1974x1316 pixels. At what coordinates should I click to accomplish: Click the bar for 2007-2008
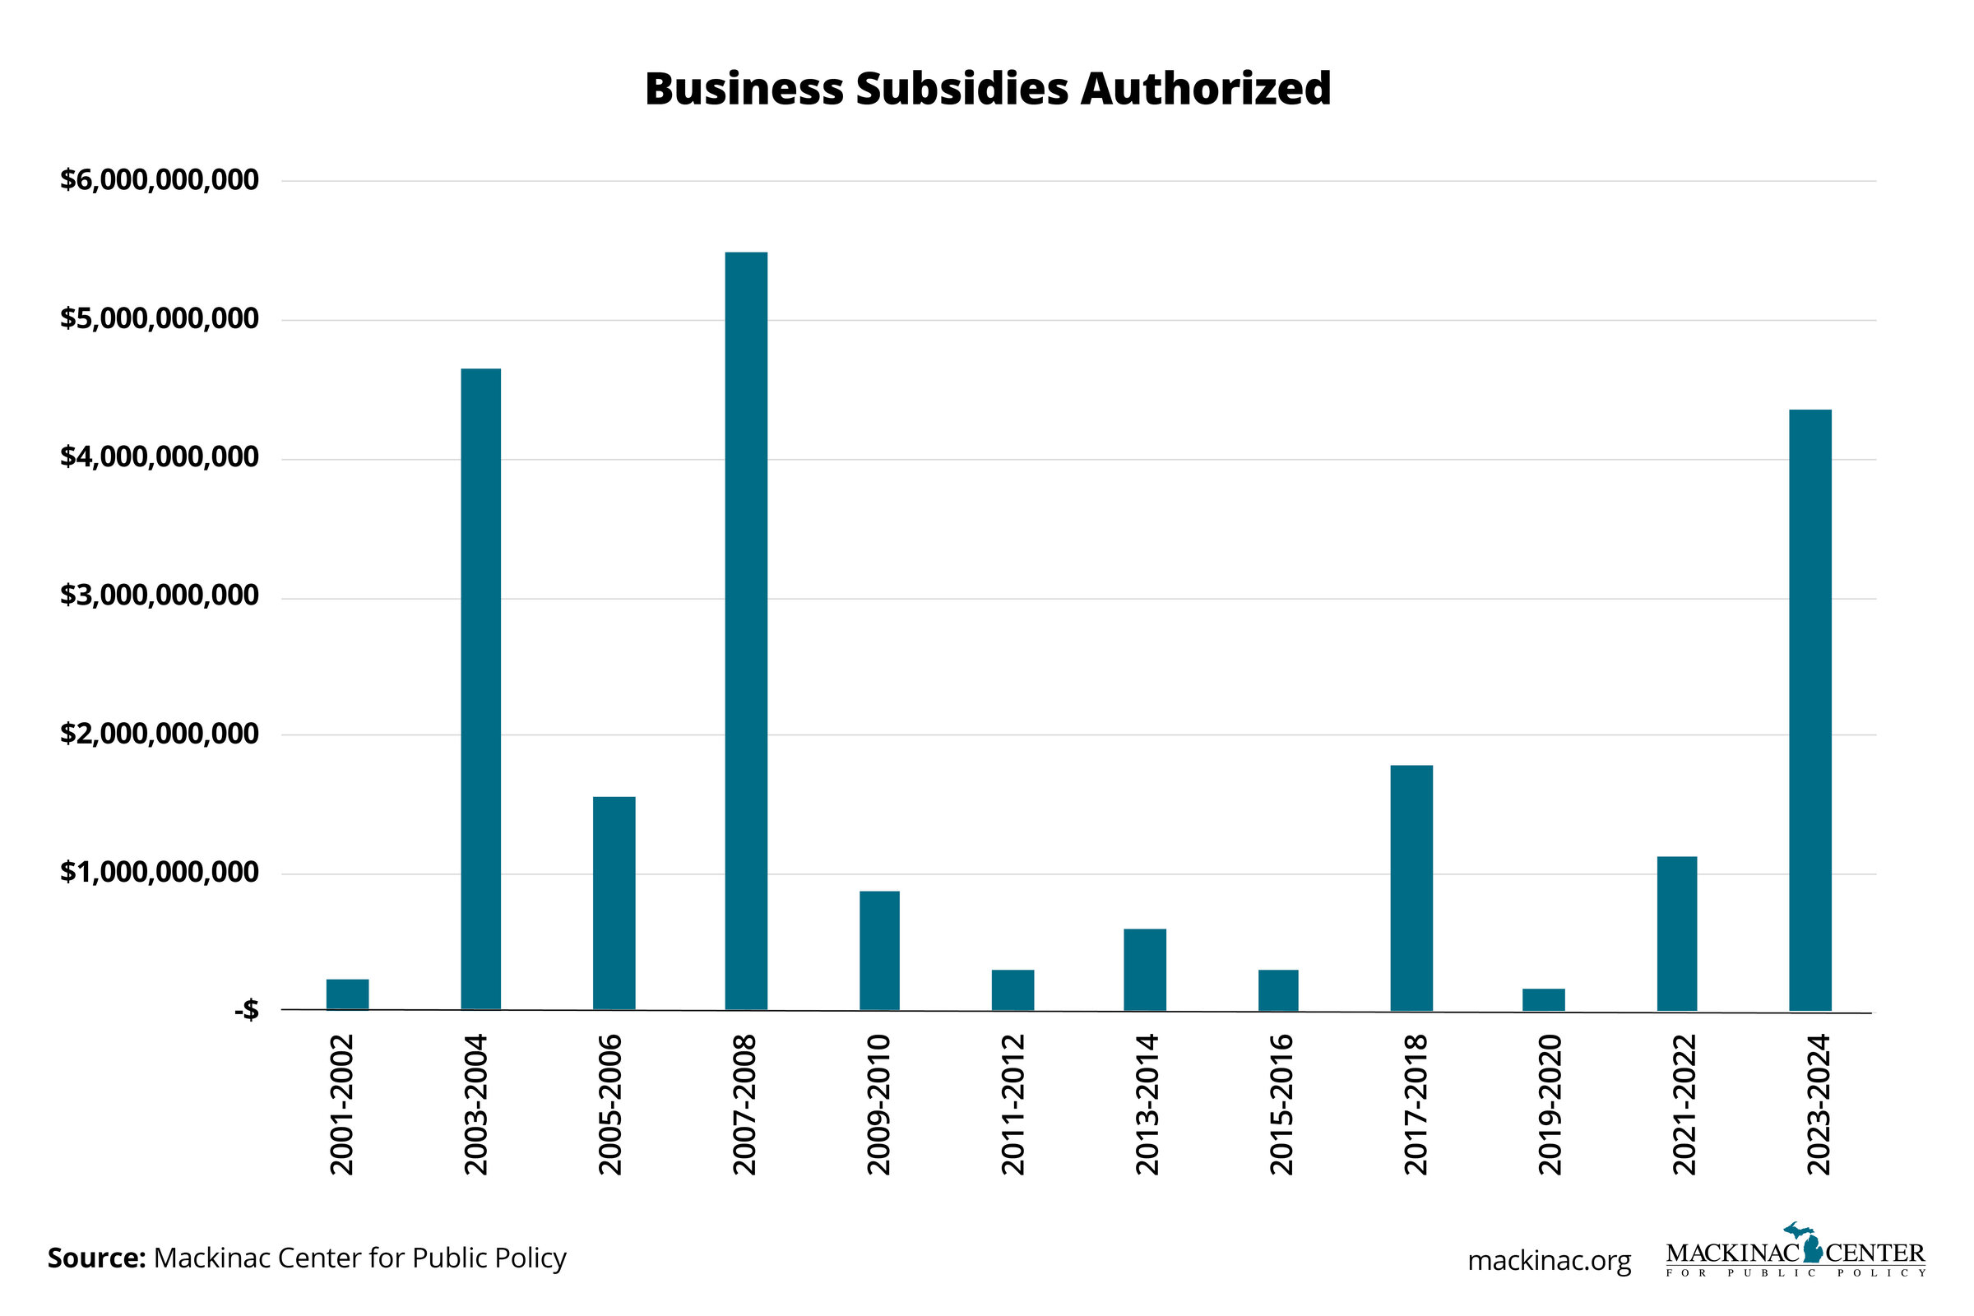click(x=746, y=631)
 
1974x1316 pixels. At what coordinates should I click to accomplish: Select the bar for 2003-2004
click(x=481, y=689)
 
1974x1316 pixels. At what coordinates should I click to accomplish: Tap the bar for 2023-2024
click(x=1810, y=710)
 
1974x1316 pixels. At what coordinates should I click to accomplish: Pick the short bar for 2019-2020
click(x=1544, y=999)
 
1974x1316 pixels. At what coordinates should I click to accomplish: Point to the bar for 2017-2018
click(x=1411, y=888)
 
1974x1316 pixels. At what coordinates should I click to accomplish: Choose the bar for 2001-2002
click(x=347, y=994)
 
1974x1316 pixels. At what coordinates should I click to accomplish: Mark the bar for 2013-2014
click(x=1145, y=970)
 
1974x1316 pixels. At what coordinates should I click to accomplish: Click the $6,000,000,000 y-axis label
click(x=160, y=180)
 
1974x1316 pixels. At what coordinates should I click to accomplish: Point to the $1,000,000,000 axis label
click(x=160, y=873)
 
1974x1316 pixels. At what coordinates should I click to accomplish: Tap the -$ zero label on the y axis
click(x=246, y=1012)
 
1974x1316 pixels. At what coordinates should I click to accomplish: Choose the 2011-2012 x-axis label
click(x=1013, y=1105)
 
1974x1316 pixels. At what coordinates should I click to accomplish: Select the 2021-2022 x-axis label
click(x=1684, y=1105)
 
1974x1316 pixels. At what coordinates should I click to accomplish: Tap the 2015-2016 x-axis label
click(x=1281, y=1105)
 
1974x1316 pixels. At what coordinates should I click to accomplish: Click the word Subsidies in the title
click(x=963, y=89)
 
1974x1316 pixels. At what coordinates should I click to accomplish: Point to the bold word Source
click(x=96, y=1258)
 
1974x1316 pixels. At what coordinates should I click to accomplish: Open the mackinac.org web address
click(x=1550, y=1261)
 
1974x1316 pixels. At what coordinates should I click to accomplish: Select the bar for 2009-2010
click(x=878, y=951)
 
